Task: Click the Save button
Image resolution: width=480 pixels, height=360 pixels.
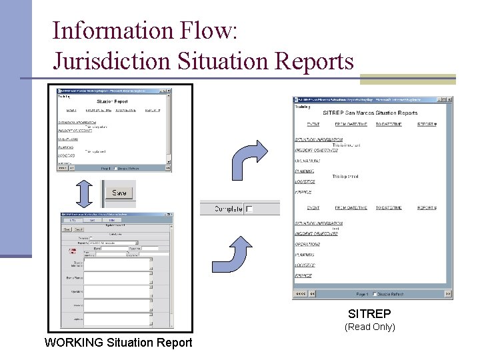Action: point(119,193)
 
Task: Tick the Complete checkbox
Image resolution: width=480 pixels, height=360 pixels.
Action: point(249,209)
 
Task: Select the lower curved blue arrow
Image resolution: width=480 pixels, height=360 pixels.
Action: point(240,253)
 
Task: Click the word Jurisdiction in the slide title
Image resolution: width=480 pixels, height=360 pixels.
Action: point(112,61)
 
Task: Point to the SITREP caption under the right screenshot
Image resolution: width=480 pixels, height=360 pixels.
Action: point(369,313)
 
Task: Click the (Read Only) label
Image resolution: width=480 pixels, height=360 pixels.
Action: point(369,327)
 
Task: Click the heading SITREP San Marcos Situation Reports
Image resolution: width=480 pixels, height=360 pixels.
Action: point(370,113)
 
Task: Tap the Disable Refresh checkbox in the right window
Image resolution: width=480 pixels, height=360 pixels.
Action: point(376,294)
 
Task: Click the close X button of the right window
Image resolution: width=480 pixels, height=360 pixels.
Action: point(449,99)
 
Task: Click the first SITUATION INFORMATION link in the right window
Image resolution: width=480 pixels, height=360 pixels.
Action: point(319,139)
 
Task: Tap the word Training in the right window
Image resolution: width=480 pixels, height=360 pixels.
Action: point(303,107)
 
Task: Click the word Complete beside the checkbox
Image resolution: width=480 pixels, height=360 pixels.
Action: point(227,209)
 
